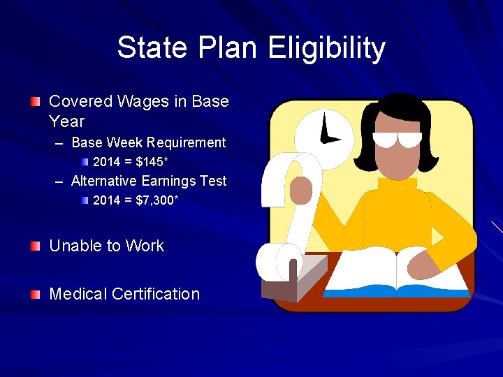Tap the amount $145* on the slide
(152, 162)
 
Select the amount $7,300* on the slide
(156, 200)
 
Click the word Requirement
(187, 142)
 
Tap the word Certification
(158, 294)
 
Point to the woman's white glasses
(398, 139)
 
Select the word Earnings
(170, 181)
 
